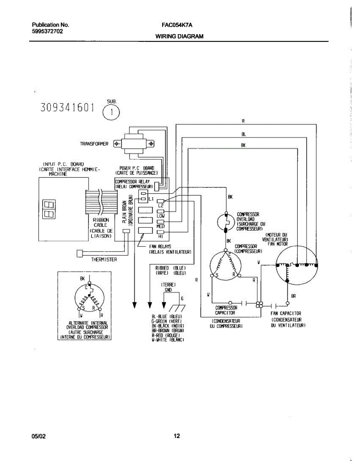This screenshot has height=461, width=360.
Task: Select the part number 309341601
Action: [x=67, y=108]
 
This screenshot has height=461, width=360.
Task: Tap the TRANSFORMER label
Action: [x=94, y=144]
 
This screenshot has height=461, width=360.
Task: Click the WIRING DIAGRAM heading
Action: [x=179, y=36]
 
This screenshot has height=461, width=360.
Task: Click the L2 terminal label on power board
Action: [x=161, y=206]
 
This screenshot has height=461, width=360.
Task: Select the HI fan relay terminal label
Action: [x=161, y=236]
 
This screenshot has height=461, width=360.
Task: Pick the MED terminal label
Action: [x=161, y=226]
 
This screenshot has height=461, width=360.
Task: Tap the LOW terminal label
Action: [x=161, y=216]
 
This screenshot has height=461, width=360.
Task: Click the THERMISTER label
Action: [x=104, y=260]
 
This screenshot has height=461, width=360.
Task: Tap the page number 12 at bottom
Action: [x=177, y=436]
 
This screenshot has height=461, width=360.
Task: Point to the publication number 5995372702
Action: [x=47, y=32]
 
